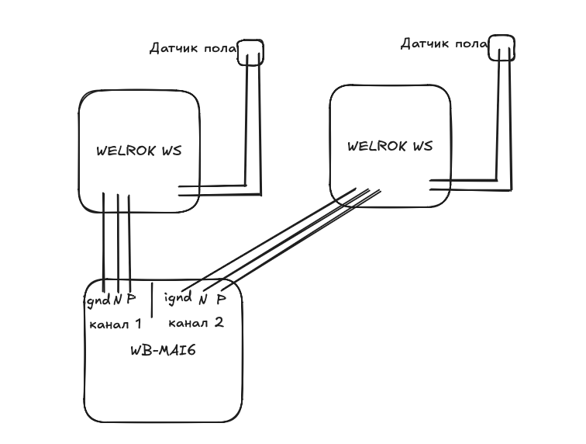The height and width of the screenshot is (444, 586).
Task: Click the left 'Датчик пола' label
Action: coord(193,49)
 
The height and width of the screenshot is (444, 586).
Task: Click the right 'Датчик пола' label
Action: coord(444,44)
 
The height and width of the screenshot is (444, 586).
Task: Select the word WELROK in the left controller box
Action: coord(126,151)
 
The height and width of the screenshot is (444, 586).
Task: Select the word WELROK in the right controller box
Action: coord(377,146)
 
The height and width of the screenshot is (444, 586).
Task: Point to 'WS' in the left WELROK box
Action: coord(171,151)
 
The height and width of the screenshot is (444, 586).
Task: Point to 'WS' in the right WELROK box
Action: coord(422,146)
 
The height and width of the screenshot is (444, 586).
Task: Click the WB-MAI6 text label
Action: coord(164,350)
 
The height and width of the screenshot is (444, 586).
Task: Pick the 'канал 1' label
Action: coord(115,324)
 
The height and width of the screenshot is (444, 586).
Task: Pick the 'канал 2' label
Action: coord(196,322)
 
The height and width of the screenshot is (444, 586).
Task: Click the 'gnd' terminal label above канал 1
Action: coord(98,300)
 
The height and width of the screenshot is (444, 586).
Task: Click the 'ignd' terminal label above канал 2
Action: coord(178,298)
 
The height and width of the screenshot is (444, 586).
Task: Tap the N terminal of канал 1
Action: coord(118,300)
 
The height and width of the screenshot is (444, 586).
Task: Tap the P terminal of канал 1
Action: coord(131,299)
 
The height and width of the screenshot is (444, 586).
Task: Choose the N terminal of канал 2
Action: coord(203,300)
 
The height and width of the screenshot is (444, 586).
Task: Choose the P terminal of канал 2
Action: coord(221,299)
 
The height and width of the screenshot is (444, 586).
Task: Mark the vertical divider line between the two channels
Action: coord(152,300)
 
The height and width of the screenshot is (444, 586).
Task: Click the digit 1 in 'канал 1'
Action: coord(138,324)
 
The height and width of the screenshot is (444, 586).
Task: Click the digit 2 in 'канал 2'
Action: coord(219,322)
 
